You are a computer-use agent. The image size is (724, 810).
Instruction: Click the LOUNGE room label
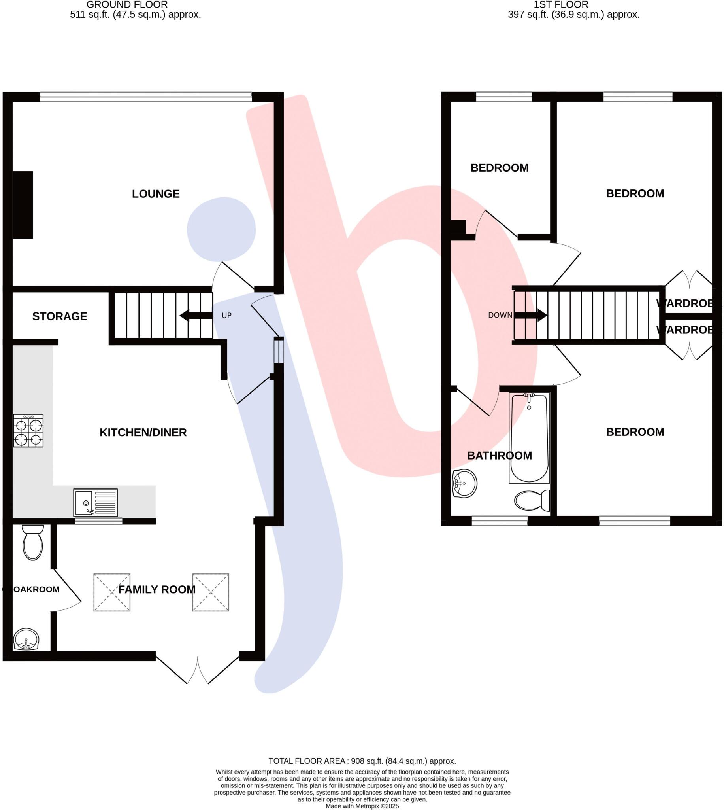point(156,194)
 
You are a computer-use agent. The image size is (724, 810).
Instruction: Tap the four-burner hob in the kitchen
point(28,431)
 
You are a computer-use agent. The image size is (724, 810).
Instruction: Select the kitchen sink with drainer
point(96,502)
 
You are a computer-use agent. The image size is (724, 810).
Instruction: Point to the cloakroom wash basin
point(26,639)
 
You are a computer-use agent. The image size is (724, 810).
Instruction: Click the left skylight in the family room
point(112,592)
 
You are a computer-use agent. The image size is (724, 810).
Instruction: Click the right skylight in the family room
point(210,592)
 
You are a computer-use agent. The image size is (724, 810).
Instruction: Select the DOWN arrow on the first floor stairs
point(530,315)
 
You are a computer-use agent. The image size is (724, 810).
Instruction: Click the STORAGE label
point(60,316)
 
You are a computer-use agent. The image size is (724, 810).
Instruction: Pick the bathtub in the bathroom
point(529,438)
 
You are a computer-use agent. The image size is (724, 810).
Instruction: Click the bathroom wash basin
point(464,484)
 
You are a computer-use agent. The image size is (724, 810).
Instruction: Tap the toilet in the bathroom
point(532,500)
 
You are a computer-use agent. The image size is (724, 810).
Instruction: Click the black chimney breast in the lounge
point(23,205)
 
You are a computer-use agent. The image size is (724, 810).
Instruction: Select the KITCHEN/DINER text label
point(143,433)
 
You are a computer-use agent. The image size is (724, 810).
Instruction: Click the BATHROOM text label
point(499,456)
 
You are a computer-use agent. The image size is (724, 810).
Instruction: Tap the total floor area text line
point(362,761)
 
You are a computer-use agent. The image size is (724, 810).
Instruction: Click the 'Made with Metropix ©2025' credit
point(362,806)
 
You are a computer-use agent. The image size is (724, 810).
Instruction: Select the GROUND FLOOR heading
point(127,5)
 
